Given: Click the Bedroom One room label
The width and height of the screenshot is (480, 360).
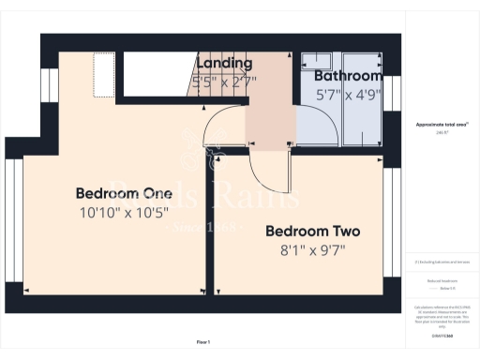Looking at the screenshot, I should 117,193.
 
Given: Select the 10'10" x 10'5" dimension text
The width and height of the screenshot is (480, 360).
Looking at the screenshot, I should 117,213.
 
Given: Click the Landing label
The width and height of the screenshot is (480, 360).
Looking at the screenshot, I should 224,64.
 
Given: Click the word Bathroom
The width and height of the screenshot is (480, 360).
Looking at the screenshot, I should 348,76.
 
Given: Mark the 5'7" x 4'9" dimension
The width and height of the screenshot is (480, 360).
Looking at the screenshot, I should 348,94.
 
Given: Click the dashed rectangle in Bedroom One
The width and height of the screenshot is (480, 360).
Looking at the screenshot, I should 104,73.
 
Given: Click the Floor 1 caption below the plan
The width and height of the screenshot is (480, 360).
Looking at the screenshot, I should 203,342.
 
